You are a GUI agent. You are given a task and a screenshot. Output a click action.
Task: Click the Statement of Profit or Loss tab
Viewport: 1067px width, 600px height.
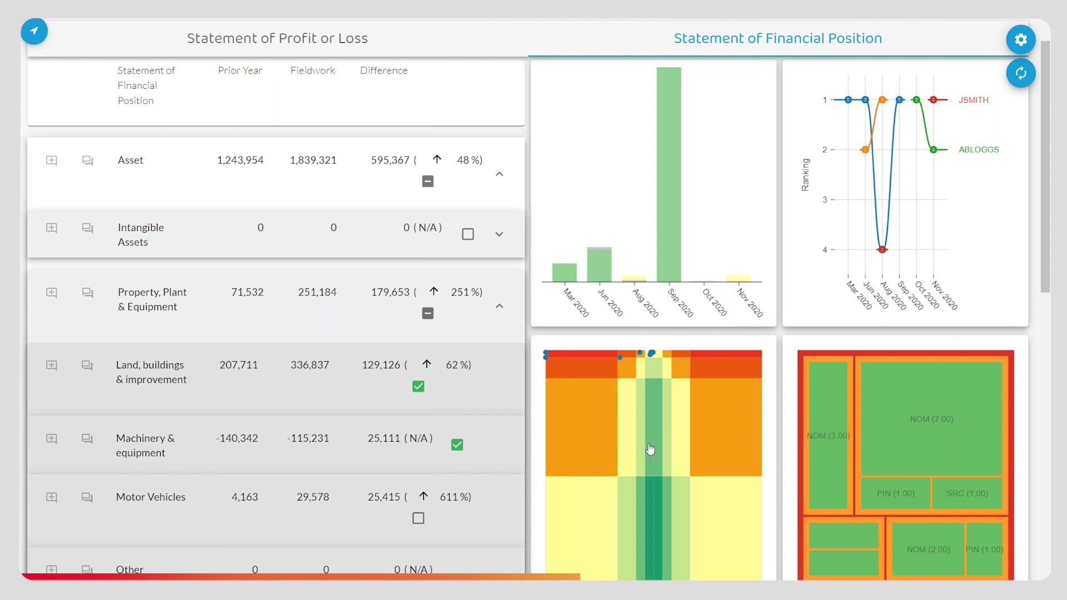277,38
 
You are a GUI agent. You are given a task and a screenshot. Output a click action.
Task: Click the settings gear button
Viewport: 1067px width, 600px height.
1020,39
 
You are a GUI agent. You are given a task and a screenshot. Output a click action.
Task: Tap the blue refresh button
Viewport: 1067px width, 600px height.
1020,73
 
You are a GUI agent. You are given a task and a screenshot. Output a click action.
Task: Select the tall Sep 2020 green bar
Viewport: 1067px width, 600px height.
669,175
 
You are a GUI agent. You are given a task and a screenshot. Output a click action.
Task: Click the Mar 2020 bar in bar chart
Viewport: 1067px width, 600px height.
564,272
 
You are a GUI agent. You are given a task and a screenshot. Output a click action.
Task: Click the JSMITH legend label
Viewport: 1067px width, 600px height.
973,100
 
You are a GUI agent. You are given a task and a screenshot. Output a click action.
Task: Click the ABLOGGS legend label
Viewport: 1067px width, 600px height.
978,149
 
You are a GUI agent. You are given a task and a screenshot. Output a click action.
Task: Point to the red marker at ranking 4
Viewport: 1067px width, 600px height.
882,249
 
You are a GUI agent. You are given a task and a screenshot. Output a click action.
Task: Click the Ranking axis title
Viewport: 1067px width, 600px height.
805,174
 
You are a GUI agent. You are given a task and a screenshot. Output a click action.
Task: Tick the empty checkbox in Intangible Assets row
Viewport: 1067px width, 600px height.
468,234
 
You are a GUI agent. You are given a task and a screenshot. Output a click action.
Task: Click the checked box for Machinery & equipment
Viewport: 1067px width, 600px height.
457,445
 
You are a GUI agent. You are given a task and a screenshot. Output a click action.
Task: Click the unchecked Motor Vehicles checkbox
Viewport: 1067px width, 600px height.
418,518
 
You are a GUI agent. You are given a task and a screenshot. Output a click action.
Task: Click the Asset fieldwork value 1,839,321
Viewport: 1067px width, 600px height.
313,160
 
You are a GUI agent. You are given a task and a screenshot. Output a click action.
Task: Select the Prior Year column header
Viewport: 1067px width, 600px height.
240,71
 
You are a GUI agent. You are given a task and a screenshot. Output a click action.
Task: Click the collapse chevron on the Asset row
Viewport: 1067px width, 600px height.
499,174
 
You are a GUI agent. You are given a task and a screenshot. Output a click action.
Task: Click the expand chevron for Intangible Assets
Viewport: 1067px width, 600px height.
499,234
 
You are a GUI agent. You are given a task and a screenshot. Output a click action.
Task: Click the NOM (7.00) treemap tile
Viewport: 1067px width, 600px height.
931,419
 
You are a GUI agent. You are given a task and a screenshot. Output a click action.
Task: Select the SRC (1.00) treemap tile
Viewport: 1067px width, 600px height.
967,493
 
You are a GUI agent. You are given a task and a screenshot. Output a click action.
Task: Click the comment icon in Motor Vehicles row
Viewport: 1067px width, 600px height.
87,497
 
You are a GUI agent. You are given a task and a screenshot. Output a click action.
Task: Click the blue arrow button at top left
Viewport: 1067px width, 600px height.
34,31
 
